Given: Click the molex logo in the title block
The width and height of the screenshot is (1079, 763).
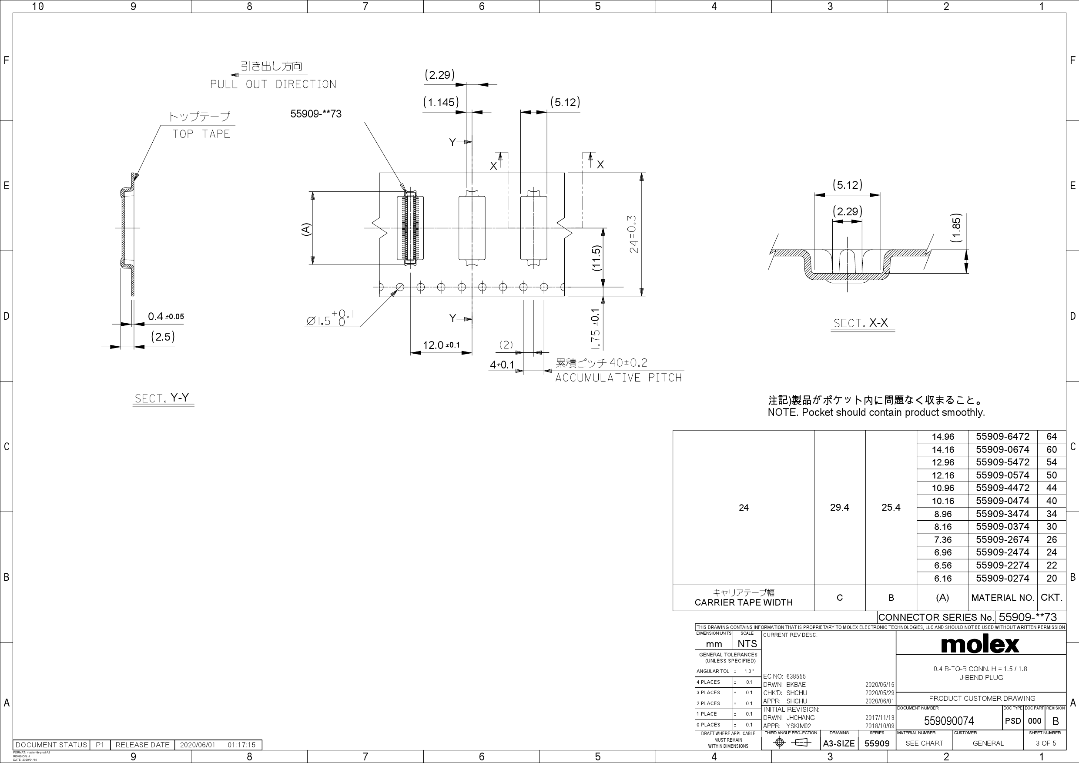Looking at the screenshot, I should [980, 644].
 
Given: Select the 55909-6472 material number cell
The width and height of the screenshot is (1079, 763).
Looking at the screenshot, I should [1002, 436].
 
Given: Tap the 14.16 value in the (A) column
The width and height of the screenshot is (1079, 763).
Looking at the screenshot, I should [942, 450].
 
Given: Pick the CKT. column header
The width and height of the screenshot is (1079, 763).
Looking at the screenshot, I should [1051, 598].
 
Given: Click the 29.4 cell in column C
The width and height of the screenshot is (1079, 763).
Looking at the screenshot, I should [839, 507].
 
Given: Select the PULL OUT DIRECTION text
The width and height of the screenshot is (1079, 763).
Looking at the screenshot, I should [273, 84].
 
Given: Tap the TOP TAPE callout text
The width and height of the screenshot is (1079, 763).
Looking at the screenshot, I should [201, 134].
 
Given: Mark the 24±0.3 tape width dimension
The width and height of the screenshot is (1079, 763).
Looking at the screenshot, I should [633, 234].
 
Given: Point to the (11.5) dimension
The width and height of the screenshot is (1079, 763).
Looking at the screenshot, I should [596, 258].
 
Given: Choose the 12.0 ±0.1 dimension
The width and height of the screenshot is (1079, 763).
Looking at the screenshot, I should [441, 345].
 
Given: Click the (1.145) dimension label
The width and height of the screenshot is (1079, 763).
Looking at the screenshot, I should [440, 102].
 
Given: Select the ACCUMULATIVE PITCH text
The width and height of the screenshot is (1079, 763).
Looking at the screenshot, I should [618, 378].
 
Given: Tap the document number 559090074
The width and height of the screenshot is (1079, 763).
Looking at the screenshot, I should [949, 721].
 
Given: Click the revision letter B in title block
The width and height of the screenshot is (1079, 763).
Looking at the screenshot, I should [1056, 721].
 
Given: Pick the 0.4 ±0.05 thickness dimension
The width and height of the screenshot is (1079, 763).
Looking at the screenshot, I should [165, 317].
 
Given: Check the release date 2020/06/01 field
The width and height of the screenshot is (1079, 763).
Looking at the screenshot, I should [198, 745].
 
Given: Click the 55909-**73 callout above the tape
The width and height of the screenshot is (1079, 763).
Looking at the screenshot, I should [316, 114].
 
